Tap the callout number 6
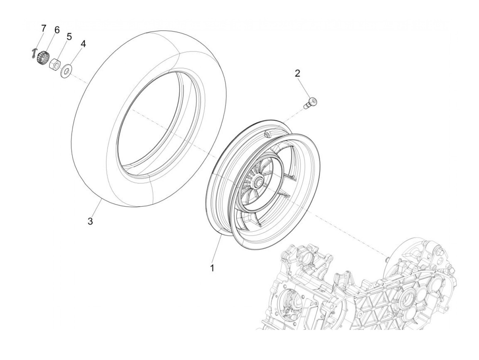point(56,30)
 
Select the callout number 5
point(69,36)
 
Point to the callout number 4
point(83,44)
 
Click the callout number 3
point(90,221)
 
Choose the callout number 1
point(212,268)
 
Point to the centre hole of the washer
point(67,71)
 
